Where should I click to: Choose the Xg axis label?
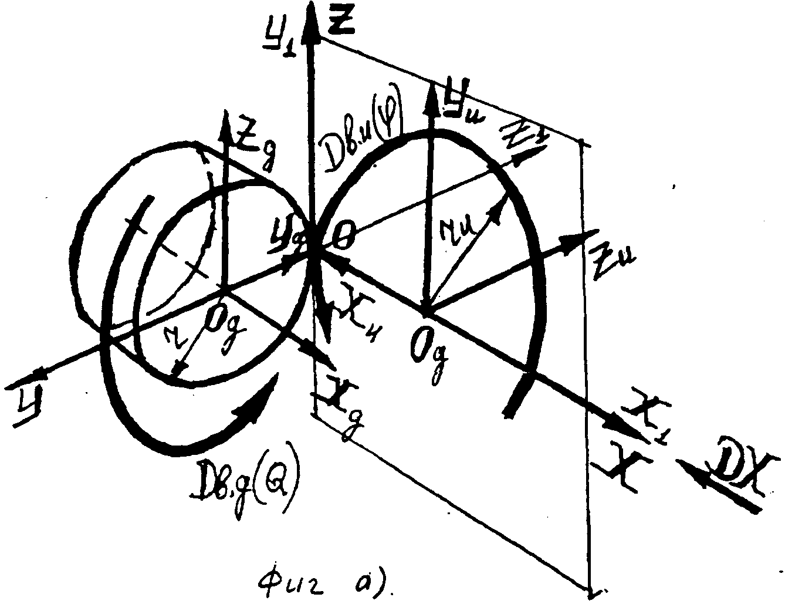[340, 403]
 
